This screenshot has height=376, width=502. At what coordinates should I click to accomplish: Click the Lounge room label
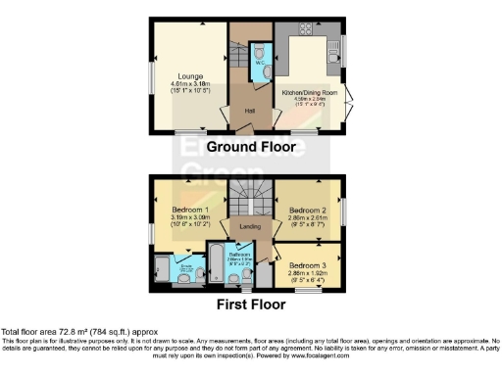coord(190,75)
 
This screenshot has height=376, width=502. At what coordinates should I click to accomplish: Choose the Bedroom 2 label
coord(308,210)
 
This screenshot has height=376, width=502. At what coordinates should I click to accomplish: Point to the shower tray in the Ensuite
coord(161,270)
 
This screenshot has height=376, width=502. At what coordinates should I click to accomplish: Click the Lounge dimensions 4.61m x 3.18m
coord(190,84)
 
